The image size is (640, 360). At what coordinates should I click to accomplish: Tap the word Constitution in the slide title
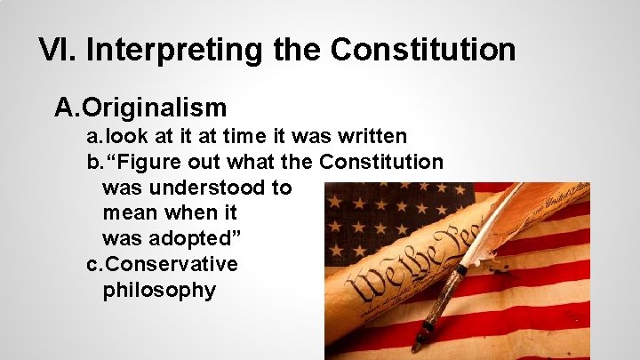coord(422,50)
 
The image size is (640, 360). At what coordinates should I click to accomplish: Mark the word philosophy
coord(159,291)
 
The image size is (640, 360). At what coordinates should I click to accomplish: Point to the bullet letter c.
coord(93,265)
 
